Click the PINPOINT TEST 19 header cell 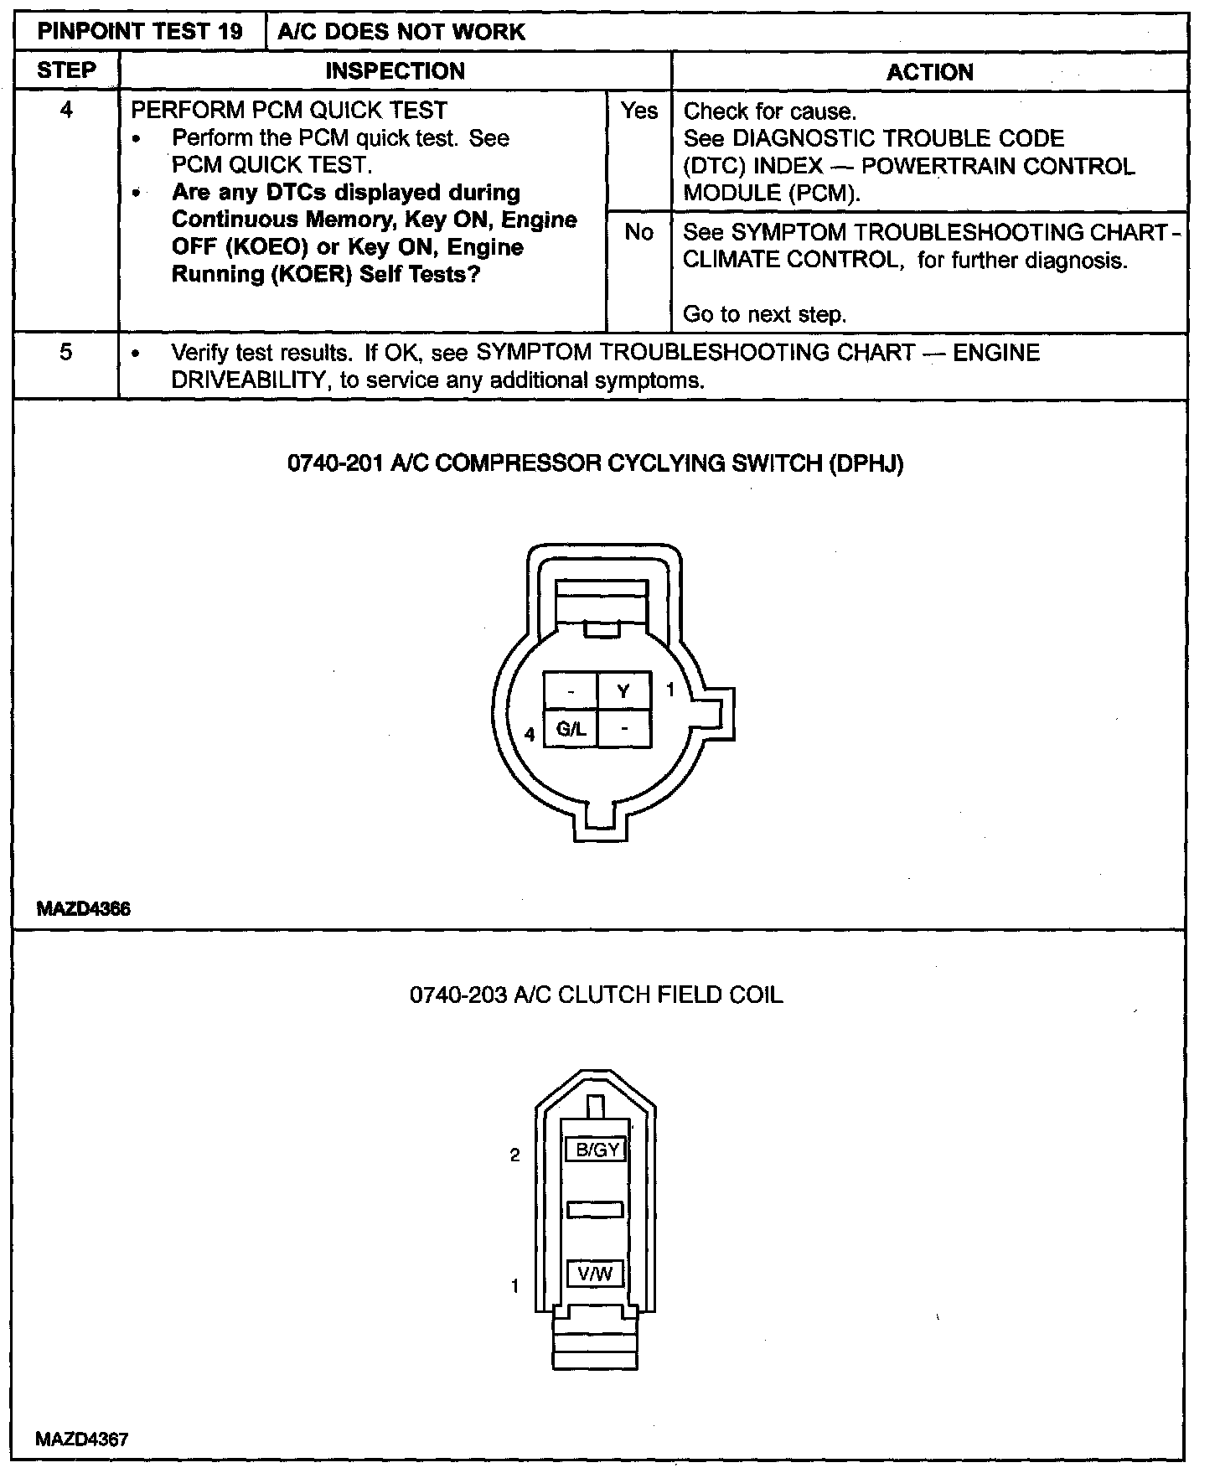[x=140, y=32]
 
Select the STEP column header [x=66, y=70]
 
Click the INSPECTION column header [x=395, y=70]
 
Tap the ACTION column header [x=929, y=72]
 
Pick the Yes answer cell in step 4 [x=638, y=111]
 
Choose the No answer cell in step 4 [x=638, y=232]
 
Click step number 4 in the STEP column [x=66, y=110]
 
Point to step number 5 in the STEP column [x=66, y=352]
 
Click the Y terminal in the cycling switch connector [x=623, y=690]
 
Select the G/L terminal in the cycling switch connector [x=571, y=729]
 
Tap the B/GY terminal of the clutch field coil [x=597, y=1150]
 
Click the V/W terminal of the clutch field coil [x=595, y=1274]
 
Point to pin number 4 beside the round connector [x=530, y=735]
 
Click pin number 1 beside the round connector [x=670, y=690]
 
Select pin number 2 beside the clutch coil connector [x=515, y=1155]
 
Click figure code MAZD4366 [x=84, y=909]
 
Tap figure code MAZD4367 [x=82, y=1439]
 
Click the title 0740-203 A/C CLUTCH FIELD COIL [x=596, y=995]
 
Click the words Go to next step [x=764, y=315]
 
